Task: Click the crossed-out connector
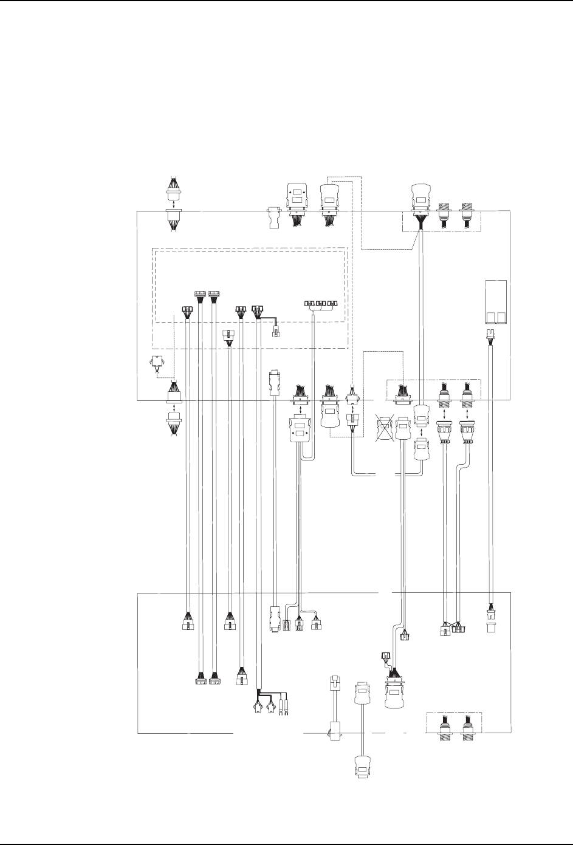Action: [x=383, y=428]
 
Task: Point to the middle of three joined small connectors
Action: [x=320, y=303]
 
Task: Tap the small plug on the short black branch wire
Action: [x=276, y=331]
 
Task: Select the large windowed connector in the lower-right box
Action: [x=395, y=693]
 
